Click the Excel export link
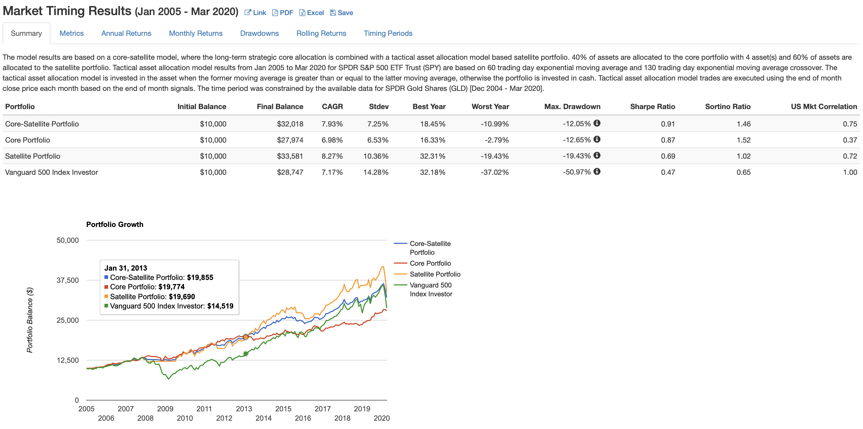coord(311,13)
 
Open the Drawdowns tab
coord(259,33)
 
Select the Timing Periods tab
coord(388,33)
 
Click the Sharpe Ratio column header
coord(652,106)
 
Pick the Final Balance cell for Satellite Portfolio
coord(290,156)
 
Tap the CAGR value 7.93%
coord(332,124)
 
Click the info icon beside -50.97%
coord(597,171)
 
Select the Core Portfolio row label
coord(28,140)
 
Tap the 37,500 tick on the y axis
coord(68,280)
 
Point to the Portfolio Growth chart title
coord(115,224)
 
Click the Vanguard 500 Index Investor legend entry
coord(430,289)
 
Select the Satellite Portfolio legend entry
coord(435,274)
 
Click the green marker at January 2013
coord(245,354)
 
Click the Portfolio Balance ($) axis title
coord(30,320)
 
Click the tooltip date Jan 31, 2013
coord(126,268)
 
